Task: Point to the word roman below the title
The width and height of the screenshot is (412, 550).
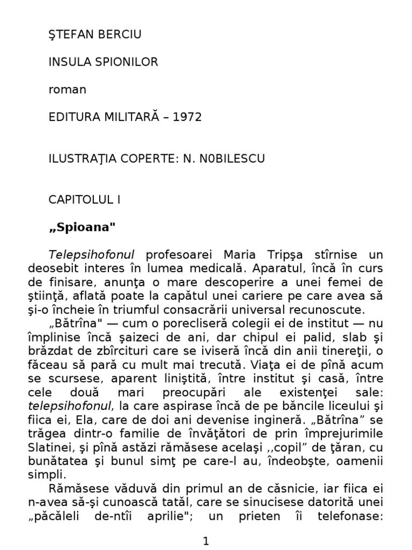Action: [x=67, y=90]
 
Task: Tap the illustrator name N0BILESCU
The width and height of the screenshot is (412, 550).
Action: [x=225, y=158]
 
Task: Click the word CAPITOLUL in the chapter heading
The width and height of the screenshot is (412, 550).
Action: [x=79, y=200]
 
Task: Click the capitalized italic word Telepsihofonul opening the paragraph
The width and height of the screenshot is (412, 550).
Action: [x=92, y=255]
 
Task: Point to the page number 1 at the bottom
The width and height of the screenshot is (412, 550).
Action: [x=206, y=541]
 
